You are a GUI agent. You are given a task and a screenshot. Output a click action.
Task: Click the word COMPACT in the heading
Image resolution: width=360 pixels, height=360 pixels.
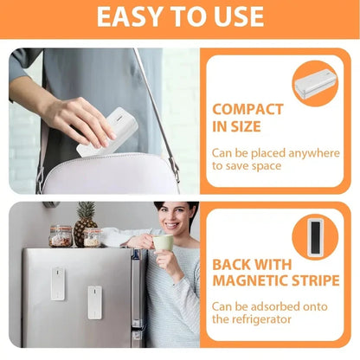pos(247,110)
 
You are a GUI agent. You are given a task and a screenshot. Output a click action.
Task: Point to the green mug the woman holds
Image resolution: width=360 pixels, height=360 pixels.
pos(162,242)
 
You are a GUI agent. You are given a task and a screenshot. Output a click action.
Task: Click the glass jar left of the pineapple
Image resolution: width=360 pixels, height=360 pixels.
pos(60,235)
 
